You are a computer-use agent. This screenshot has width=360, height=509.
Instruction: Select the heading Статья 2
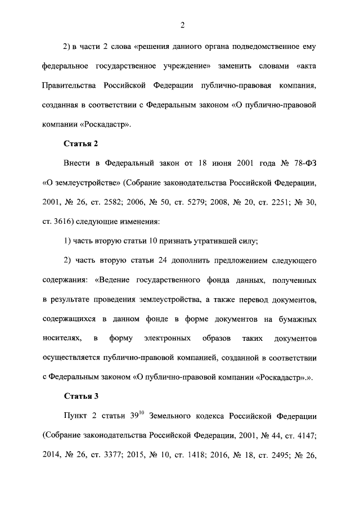tap(80, 143)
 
